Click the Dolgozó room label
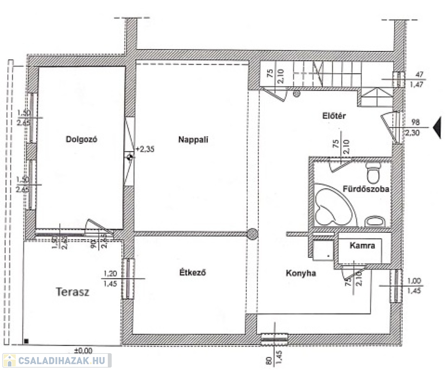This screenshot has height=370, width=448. tap(82, 140)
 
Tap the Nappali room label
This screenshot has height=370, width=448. tap(193, 140)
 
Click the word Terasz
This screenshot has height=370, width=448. tap(72, 292)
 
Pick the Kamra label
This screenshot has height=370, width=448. tap(363, 245)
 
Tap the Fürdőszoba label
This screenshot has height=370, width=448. tap(366, 189)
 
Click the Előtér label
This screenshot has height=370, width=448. tap(335, 116)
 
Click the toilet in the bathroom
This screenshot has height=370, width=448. tap(373, 172)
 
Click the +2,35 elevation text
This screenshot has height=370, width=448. tap(145, 149)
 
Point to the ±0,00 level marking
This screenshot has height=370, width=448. tap(83, 350)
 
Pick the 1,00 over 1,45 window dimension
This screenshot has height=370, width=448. tap(415, 286)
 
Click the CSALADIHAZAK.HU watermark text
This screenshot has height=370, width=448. tap(63, 360)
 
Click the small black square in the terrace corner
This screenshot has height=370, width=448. tap(26, 342)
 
